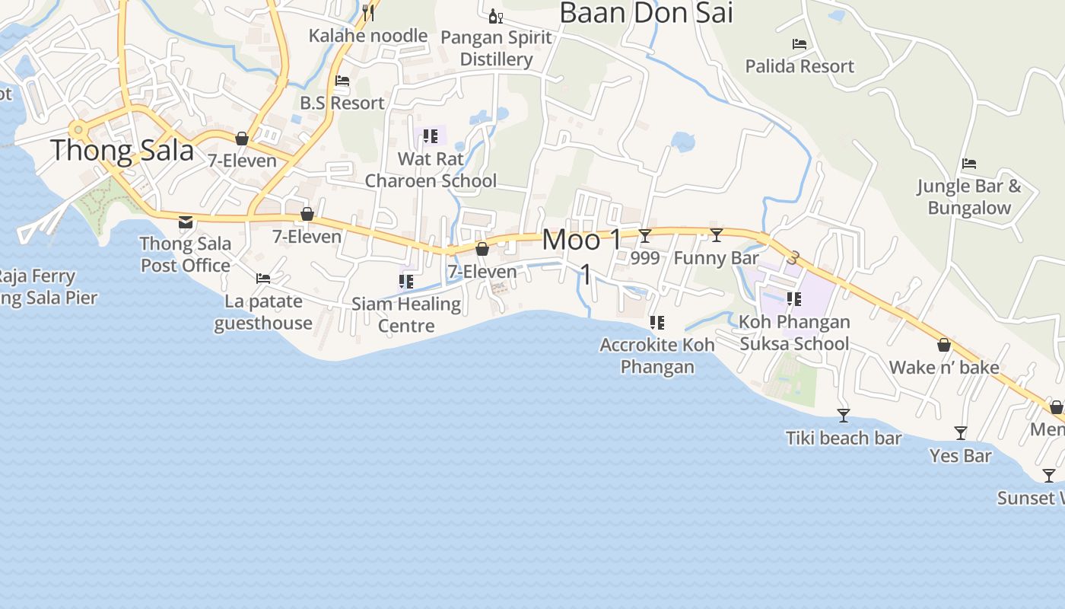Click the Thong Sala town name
122,151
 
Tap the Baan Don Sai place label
646,13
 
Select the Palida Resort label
800,66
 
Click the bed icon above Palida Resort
799,44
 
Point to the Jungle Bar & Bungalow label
968,196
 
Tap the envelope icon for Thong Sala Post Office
185,222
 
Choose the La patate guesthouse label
263,312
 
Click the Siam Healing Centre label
406,314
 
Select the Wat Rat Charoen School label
431,170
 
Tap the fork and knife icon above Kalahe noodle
368,12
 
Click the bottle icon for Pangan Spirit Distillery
495,16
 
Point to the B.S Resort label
342,103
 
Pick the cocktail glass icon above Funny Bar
716,235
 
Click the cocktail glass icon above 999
645,236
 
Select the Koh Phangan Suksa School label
794,333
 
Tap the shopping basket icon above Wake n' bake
944,345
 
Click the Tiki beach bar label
844,438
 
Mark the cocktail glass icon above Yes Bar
961,433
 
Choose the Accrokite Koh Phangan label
657,356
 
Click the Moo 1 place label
582,241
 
